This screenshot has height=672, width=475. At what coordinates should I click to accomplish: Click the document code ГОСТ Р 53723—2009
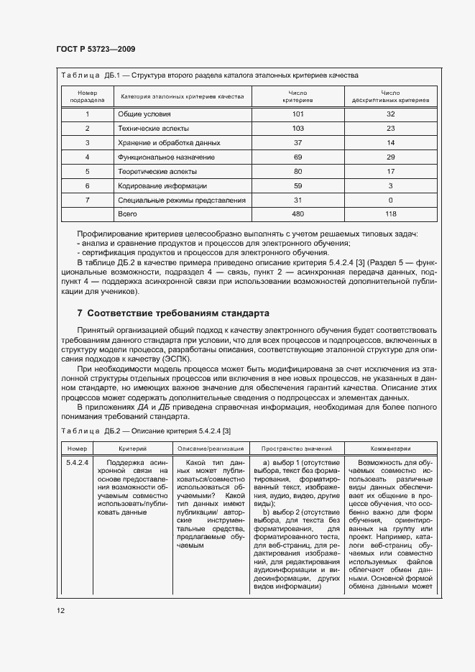(96, 49)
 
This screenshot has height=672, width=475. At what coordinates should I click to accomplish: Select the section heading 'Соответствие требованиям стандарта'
(172, 313)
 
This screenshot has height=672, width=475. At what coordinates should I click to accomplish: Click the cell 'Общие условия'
(144, 114)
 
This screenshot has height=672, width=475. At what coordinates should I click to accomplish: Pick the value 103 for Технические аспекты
(298, 129)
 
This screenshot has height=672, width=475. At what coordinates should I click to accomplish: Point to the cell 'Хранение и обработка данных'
(168, 143)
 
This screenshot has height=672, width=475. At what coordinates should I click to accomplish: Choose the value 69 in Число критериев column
(298, 157)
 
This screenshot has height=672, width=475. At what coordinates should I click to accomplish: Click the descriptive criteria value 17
(390, 171)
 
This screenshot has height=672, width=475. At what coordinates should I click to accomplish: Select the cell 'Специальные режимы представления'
(181, 200)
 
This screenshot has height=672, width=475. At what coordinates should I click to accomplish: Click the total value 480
(298, 214)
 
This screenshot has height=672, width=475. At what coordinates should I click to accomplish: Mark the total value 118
(390, 214)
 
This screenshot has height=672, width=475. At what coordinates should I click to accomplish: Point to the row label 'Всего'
(126, 214)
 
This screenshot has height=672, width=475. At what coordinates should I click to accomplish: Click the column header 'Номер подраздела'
(87, 96)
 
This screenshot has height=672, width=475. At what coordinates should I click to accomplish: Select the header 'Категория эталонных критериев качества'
(182, 96)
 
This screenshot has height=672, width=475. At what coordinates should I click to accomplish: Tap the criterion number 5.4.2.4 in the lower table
(77, 463)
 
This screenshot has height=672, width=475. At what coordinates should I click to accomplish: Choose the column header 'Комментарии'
(390, 448)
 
